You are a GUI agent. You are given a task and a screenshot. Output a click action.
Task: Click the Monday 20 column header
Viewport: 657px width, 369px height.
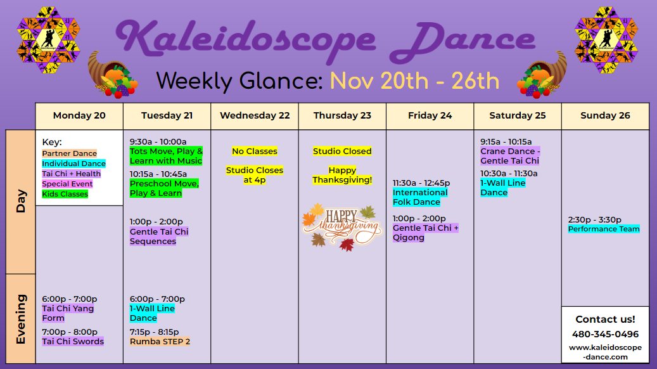(x=79, y=116)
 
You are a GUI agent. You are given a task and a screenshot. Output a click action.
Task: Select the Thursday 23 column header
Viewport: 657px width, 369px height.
(x=342, y=116)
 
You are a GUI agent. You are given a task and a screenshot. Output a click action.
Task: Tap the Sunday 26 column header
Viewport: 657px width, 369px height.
(x=605, y=116)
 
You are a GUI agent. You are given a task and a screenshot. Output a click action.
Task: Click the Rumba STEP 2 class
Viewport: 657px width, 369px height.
(x=160, y=341)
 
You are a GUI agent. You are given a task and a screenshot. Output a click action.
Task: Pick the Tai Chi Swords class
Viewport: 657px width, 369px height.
(x=73, y=341)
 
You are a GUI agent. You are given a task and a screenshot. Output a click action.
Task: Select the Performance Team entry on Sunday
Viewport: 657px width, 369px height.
(x=604, y=229)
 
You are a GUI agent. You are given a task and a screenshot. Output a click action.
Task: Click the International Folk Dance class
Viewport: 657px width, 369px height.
(x=420, y=197)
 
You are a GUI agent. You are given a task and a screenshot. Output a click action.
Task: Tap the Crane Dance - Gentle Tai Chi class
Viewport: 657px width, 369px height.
(x=510, y=156)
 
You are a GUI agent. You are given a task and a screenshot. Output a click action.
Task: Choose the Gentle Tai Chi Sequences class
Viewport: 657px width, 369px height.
(x=159, y=236)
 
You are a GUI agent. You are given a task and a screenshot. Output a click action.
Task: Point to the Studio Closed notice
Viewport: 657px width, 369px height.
(x=342, y=151)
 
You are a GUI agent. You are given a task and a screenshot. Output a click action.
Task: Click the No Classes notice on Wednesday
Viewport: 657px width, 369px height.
(x=255, y=151)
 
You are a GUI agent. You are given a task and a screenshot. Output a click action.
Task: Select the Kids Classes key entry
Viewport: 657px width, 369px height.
(x=65, y=194)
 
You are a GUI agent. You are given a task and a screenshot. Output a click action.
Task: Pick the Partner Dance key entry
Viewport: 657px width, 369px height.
(x=70, y=153)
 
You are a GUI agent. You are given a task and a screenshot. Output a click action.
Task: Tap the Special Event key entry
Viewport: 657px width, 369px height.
(x=67, y=184)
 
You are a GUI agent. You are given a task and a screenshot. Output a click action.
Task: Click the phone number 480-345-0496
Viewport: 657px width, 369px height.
(x=606, y=334)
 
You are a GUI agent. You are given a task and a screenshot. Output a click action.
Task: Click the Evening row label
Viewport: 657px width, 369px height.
(x=21, y=319)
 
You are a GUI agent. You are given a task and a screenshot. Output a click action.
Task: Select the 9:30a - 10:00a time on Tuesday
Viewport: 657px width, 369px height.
(x=158, y=142)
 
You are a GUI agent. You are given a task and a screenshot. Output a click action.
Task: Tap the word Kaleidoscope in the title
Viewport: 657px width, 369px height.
(x=246, y=39)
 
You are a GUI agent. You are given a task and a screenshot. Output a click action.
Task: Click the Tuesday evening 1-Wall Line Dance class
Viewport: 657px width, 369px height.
(x=152, y=313)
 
